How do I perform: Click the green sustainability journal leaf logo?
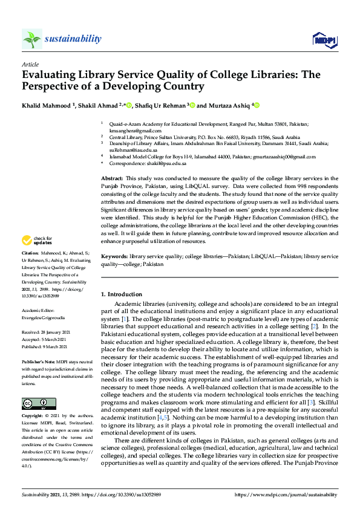[x=31, y=39]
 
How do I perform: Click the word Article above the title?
[x=30, y=64]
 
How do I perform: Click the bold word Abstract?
[x=112, y=178]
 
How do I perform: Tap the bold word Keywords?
[x=114, y=256]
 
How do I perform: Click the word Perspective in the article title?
[x=53, y=86]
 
